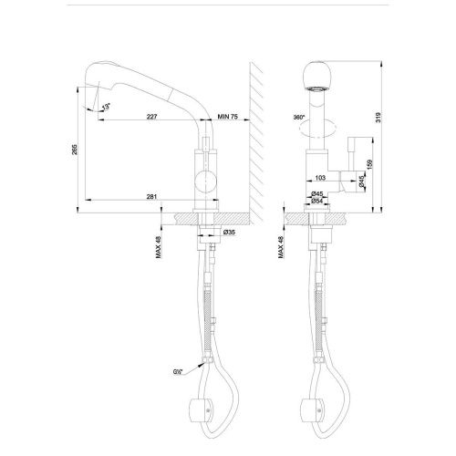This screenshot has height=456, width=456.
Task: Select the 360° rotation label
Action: (298, 118)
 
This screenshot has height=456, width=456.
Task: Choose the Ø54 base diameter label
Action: (318, 202)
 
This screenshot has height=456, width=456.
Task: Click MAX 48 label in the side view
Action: (158, 244)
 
